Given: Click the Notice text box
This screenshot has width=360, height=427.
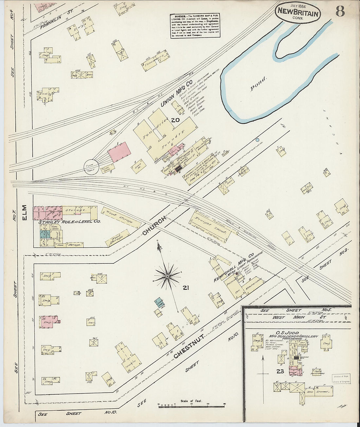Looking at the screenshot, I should (x=194, y=26).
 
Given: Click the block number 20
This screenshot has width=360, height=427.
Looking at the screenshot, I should (x=175, y=120).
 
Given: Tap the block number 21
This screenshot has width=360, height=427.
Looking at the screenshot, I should (x=186, y=288).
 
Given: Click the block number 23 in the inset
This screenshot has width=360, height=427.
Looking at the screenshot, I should (x=279, y=371).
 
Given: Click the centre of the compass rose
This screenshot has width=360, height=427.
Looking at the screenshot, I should (x=168, y=276).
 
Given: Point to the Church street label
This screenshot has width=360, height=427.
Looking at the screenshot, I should (x=154, y=225).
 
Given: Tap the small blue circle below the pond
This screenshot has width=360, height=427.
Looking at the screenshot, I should (x=257, y=140).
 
